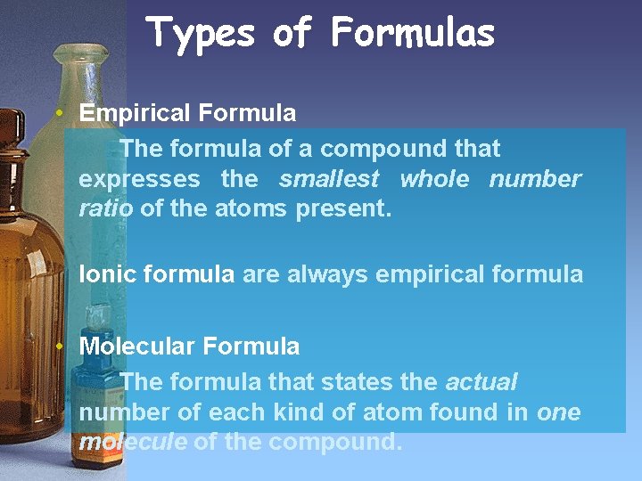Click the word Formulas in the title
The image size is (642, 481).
click(x=412, y=33)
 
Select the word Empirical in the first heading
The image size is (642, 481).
click(x=135, y=113)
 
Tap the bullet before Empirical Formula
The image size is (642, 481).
click(x=57, y=113)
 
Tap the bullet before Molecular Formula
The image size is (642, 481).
click(x=57, y=346)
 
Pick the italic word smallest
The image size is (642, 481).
click(x=329, y=179)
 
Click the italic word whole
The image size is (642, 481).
click(x=434, y=179)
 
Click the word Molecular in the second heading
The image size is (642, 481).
click(x=136, y=346)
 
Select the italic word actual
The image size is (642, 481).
click(x=481, y=382)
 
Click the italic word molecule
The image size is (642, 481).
click(x=132, y=443)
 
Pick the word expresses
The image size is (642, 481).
click(x=139, y=180)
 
